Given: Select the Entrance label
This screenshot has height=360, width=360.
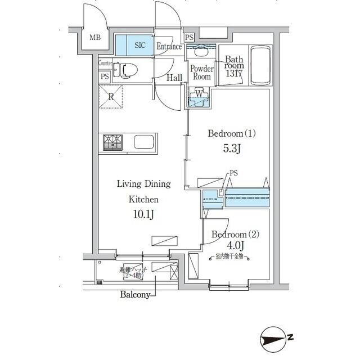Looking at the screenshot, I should (x=169, y=47).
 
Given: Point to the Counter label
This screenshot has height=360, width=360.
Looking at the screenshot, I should (x=105, y=64).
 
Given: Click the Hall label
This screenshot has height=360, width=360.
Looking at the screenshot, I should (x=174, y=78).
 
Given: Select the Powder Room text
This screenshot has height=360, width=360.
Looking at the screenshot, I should (x=201, y=73).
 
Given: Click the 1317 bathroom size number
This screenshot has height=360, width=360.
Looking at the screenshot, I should (x=234, y=74).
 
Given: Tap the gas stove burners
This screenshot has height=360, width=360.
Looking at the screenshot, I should (x=112, y=142).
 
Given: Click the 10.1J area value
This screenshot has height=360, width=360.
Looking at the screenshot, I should (x=143, y=214).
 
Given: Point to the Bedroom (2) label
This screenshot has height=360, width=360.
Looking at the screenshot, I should (x=232, y=234).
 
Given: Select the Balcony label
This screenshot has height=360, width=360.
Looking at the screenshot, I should (x=134, y=295).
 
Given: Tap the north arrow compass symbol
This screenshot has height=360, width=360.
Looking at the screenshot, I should (x=276, y=339).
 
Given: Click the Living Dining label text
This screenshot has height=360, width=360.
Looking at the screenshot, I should (x=143, y=184).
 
